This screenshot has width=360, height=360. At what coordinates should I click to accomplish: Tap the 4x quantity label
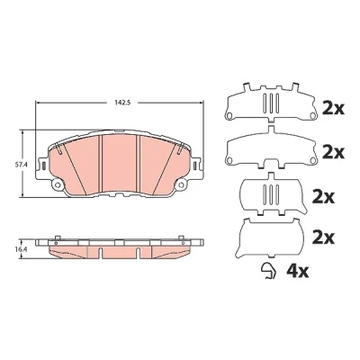pos(298,271)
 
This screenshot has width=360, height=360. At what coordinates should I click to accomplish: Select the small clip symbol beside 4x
pos(268,271)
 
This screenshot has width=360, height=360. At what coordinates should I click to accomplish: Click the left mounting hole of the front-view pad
pos(58,185)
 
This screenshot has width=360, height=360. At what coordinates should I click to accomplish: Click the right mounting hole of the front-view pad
pos(181,185)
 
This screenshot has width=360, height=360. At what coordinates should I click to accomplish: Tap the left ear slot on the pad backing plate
pos(43,166)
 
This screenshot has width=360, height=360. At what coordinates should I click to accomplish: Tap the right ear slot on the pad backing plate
pos(195,166)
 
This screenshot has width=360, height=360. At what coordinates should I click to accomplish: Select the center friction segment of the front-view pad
pos(120,165)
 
